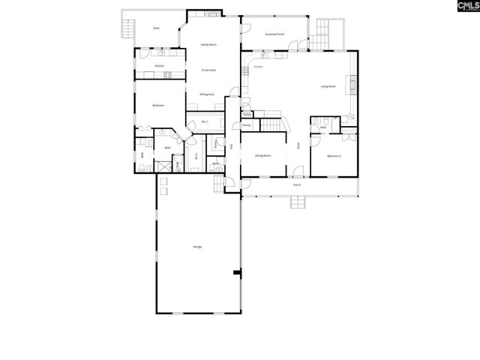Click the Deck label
(156, 28)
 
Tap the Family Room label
(208, 45)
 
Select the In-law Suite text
(208, 70)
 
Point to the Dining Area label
(208, 94)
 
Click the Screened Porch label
(273, 34)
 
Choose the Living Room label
(328, 87)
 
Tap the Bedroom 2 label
(334, 155)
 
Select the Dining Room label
(262, 155)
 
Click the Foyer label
(298, 146)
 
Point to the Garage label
(197, 247)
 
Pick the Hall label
(232, 146)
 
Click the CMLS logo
(466, 8)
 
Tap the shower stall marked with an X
(163, 166)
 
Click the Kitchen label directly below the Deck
(160, 66)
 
